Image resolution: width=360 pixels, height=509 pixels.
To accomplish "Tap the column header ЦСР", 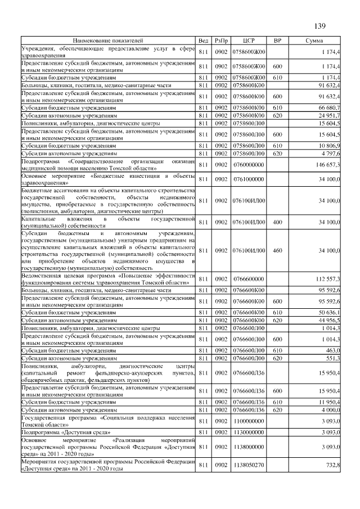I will [x=249, y=41].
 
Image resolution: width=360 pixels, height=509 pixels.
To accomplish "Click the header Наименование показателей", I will [x=108, y=41].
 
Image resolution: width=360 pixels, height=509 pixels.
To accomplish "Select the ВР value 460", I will [x=277, y=250].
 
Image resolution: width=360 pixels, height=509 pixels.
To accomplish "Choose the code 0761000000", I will [x=248, y=179].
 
